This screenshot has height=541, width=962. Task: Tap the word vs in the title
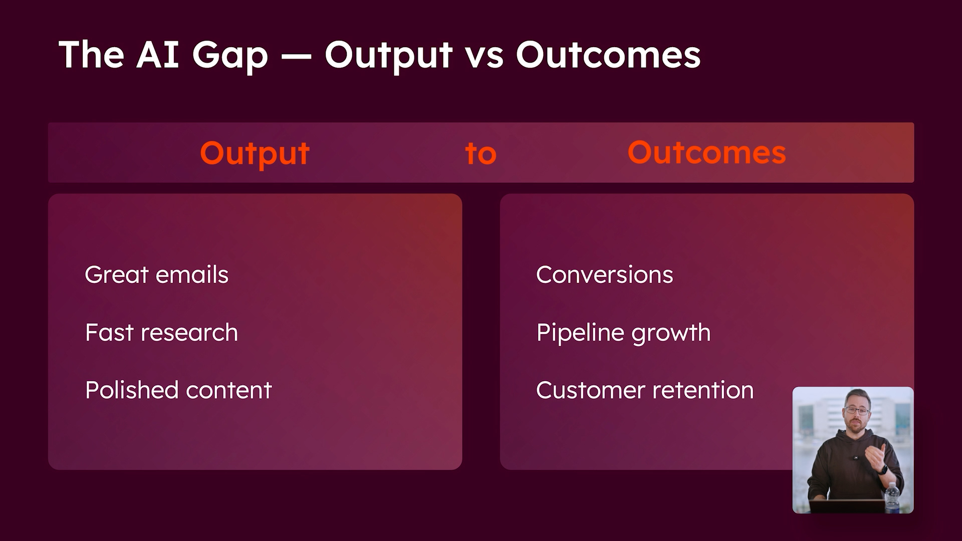click(484, 55)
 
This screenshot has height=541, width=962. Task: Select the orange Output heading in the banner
click(255, 153)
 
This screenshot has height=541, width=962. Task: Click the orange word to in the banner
click(480, 153)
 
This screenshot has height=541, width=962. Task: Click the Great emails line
click(156, 275)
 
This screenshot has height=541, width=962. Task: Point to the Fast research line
click(161, 333)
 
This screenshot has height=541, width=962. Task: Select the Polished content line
click(178, 390)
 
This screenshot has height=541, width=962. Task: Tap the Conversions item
click(604, 275)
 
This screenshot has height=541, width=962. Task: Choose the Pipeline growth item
click(623, 333)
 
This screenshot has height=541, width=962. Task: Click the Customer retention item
click(644, 390)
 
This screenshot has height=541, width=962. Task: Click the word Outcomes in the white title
click(608, 55)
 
